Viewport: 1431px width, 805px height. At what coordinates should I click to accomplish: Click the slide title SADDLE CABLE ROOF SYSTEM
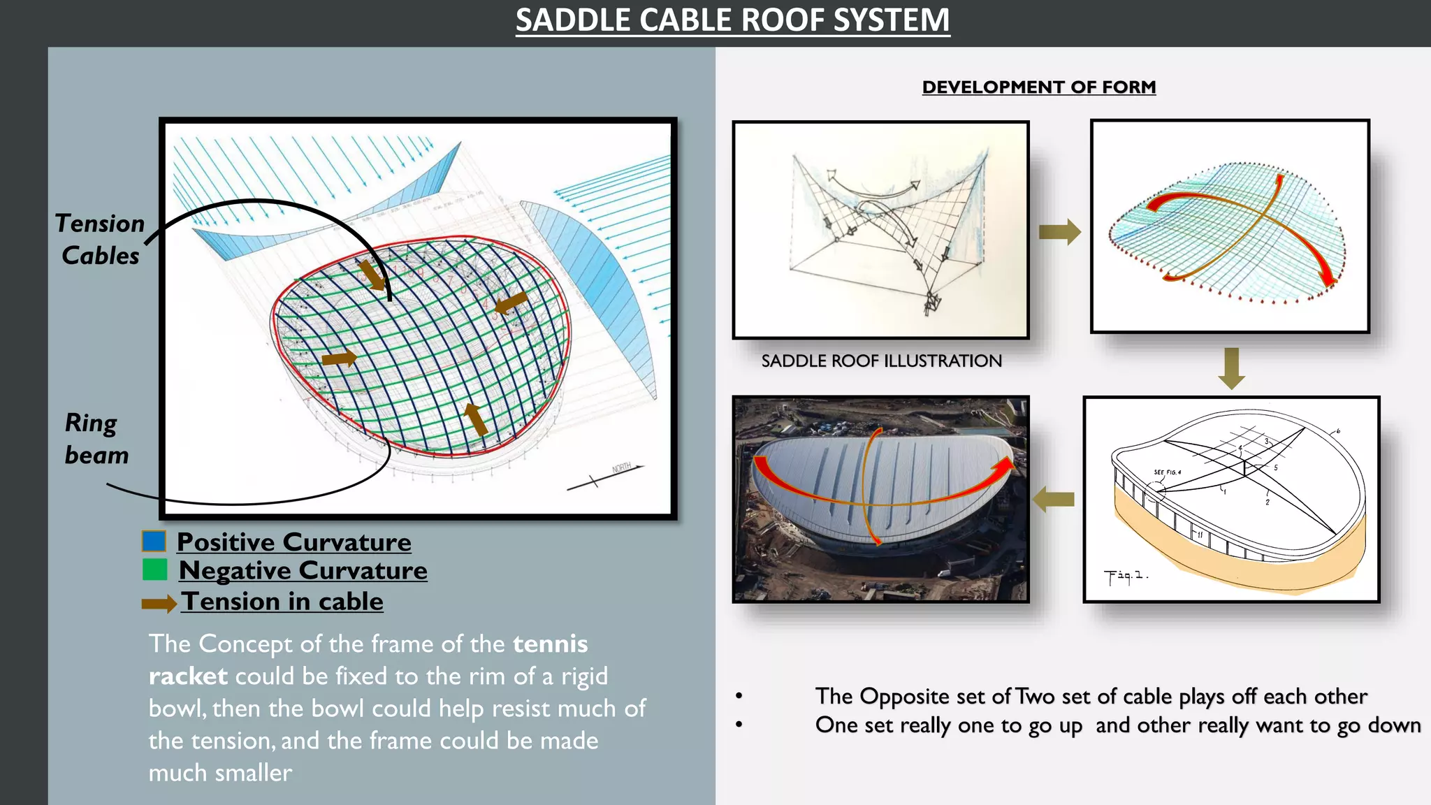point(732,20)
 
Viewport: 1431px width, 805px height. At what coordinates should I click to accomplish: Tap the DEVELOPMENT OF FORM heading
point(1038,87)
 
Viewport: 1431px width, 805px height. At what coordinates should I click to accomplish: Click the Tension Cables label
point(100,239)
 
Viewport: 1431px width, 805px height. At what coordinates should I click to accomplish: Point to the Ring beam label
point(96,439)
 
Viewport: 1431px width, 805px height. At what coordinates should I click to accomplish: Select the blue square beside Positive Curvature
point(154,542)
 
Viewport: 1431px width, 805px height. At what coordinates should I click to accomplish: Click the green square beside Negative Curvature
point(154,570)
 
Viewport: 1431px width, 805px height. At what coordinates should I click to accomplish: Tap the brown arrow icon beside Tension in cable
point(159,604)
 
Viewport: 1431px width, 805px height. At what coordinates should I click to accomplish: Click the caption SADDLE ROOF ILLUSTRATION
point(881,361)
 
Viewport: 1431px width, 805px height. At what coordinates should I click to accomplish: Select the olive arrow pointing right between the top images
point(1059,232)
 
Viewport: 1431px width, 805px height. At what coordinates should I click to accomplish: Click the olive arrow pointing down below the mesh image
point(1231,368)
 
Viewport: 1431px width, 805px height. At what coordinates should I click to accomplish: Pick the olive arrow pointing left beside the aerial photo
point(1053,499)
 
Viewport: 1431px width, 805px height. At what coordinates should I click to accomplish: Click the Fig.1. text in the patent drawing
point(1125,576)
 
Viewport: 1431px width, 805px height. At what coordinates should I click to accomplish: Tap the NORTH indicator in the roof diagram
point(621,468)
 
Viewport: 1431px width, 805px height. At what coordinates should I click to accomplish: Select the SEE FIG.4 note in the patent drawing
point(1167,472)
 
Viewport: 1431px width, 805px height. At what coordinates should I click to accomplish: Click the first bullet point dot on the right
point(739,696)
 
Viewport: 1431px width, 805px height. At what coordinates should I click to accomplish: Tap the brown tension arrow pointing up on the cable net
point(476,417)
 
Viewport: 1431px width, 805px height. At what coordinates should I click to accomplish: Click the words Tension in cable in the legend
point(282,602)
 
